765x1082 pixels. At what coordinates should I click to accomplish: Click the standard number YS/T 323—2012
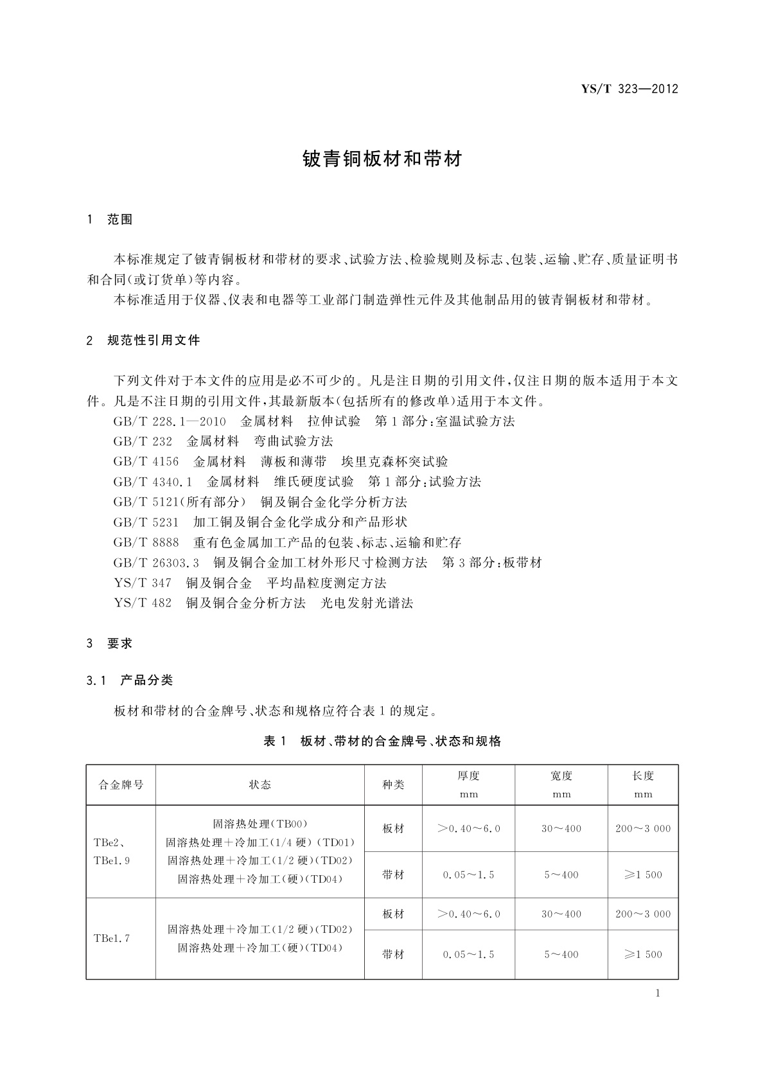[629, 89]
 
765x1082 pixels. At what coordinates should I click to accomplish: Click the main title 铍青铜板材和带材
[382, 159]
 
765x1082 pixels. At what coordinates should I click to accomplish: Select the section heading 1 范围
[110, 220]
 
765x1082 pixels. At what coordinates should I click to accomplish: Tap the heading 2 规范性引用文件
[143, 341]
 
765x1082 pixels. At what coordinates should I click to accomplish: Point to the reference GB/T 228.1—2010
[170, 421]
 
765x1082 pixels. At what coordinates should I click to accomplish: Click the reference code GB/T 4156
[146, 462]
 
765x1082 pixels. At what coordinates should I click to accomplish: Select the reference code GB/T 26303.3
[156, 563]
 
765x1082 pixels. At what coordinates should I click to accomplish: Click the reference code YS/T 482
[143, 603]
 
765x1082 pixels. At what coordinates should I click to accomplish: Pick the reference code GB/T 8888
[146, 543]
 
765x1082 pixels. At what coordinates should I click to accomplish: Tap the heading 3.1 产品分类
[130, 680]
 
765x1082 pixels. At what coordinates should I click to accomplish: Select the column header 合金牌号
[121, 785]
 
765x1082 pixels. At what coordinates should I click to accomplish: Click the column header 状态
[259, 785]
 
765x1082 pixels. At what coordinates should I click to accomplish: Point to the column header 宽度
[561, 776]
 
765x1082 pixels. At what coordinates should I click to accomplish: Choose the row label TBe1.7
[112, 938]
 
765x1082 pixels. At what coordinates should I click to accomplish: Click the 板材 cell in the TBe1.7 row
[393, 914]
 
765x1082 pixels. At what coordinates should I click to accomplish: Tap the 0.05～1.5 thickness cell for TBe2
[468, 874]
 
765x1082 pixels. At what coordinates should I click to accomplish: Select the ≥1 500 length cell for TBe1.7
[643, 954]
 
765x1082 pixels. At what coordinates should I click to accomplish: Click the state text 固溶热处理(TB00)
[260, 824]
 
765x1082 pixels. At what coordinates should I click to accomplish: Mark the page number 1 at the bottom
[658, 993]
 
